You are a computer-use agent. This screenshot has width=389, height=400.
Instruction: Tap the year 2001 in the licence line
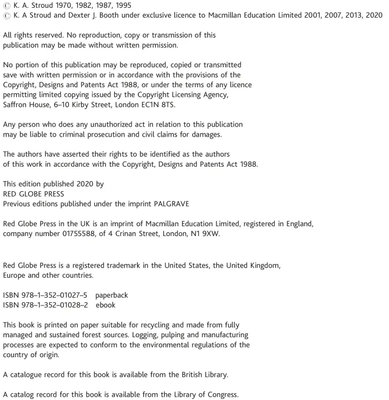coord(305,15)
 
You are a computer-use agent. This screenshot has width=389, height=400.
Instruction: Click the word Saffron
coord(16,104)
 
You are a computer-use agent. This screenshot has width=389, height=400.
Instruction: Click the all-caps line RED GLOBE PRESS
coord(33,194)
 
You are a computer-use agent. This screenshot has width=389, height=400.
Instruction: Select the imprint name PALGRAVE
coord(166,203)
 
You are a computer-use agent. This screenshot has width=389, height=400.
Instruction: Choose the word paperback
coord(112,296)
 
